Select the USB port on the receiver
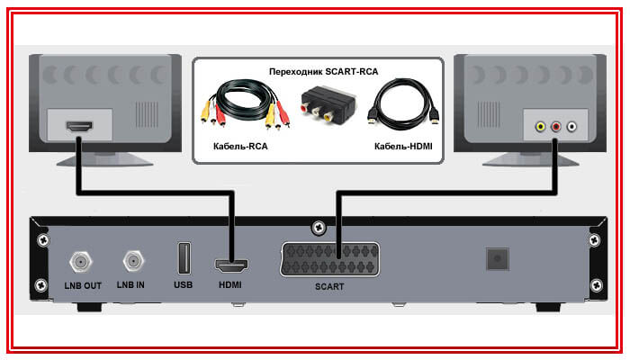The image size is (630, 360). point(184,260)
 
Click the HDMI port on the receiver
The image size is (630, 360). point(231,266)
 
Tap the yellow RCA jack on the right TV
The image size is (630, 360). point(539,127)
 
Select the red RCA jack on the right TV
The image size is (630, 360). point(556,127)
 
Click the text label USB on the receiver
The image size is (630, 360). point(184,284)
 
